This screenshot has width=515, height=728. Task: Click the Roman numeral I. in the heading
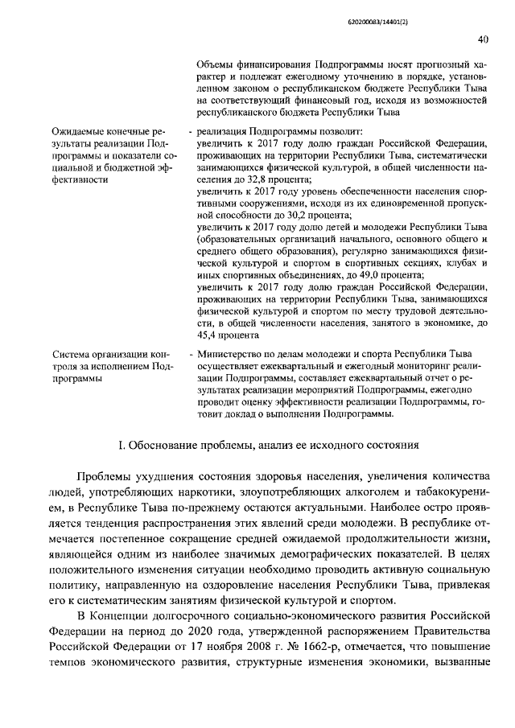(x=122, y=446)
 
